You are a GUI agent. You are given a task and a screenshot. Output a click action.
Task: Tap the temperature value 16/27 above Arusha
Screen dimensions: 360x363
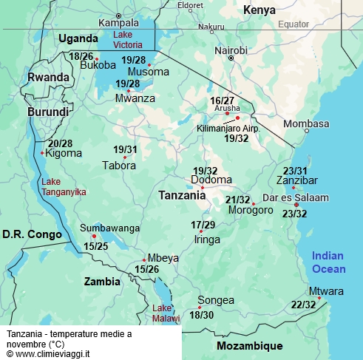coord(222,100)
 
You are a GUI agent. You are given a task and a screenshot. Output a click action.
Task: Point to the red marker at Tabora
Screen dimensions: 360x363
coord(125,157)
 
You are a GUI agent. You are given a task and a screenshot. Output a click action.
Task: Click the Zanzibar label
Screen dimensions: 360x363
coord(296,180)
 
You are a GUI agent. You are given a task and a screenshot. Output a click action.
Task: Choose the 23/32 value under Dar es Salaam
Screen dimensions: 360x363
coord(294,214)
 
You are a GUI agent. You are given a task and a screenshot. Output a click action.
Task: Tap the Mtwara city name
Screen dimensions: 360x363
coord(326,291)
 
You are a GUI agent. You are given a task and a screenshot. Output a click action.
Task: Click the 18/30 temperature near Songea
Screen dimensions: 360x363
coord(201,315)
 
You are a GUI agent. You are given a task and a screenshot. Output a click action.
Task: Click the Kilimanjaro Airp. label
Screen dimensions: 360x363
coord(228,128)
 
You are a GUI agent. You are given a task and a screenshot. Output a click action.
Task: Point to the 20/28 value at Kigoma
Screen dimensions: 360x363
coord(60,143)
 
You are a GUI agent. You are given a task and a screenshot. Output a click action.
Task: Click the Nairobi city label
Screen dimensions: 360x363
coord(231,50)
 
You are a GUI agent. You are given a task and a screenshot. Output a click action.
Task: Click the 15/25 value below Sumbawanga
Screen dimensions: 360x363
coord(95,245)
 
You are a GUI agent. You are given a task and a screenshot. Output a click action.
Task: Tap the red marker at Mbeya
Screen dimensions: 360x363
coord(144,259)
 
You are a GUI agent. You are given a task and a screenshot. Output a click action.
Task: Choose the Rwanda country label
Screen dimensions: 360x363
coord(48,77)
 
